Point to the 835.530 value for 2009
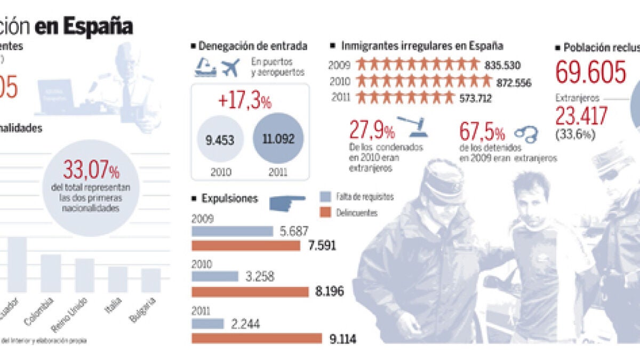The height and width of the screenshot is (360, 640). (503, 66)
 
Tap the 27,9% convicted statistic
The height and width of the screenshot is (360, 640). (372, 130)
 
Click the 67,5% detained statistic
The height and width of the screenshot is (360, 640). (483, 132)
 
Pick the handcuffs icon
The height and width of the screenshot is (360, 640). (526, 134)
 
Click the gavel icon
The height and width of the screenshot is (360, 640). (413, 127)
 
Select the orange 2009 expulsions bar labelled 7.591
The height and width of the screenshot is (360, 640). (246, 246)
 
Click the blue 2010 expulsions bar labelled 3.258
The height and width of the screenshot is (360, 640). (215, 276)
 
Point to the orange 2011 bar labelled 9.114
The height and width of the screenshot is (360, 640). (257, 338)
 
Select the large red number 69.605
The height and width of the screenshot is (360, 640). (590, 73)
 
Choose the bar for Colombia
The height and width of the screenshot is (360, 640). (51, 273)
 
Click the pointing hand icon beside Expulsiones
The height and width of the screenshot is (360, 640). (287, 202)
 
